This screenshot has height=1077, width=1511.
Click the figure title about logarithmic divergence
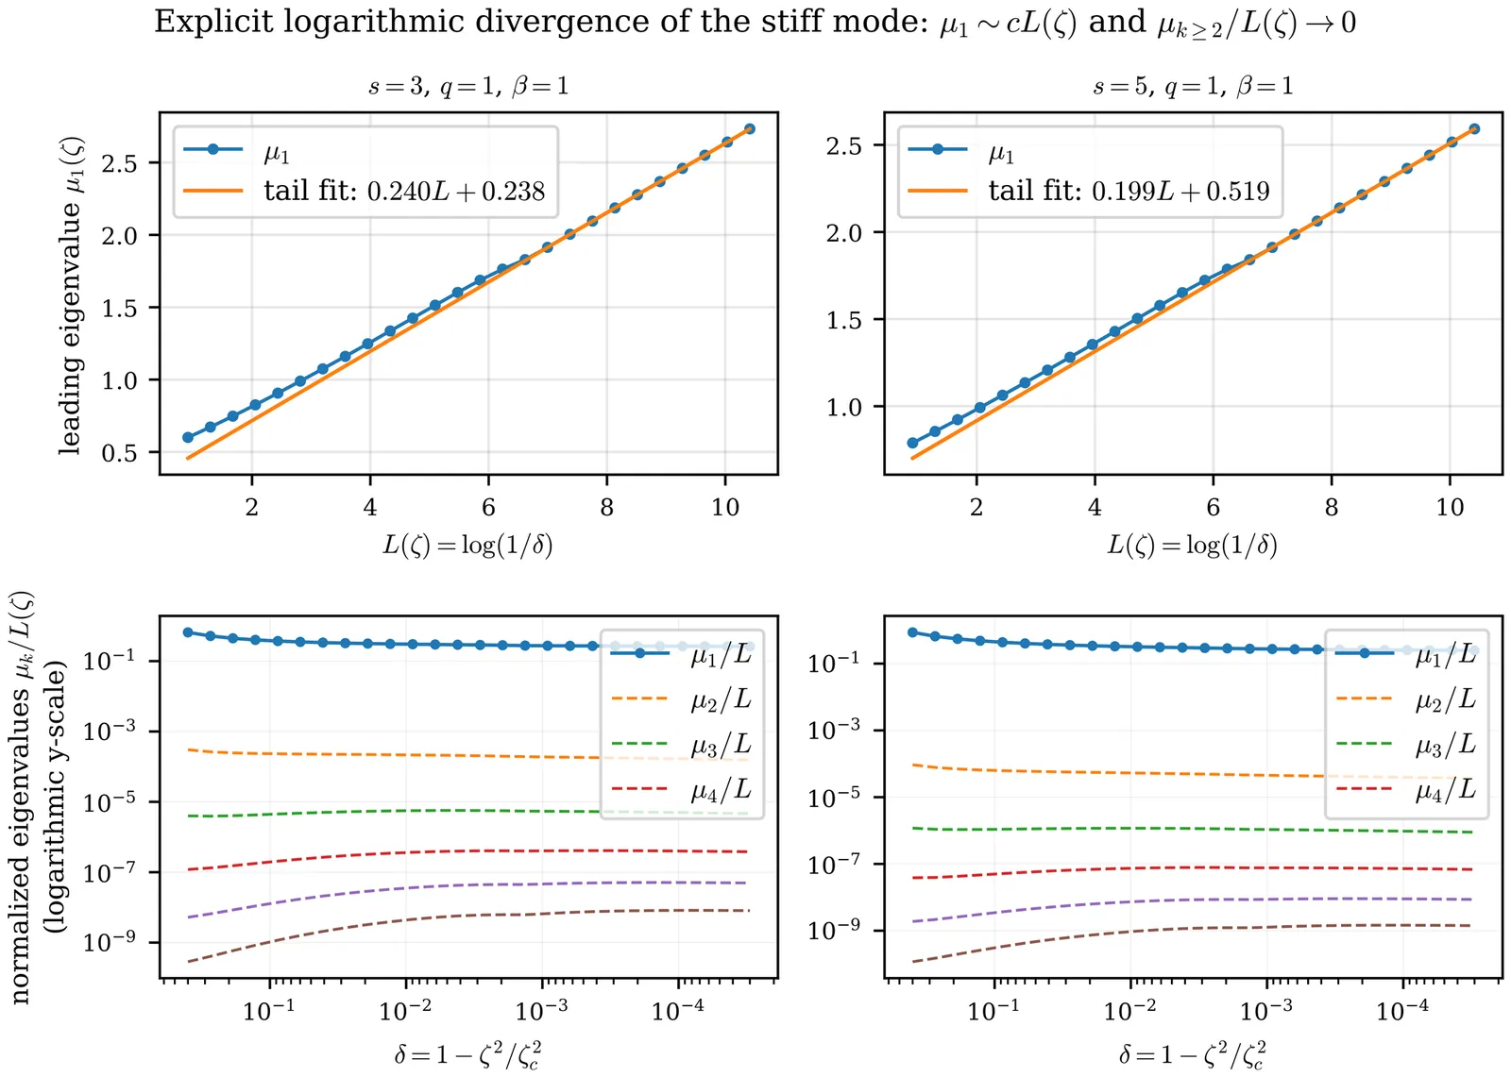755,23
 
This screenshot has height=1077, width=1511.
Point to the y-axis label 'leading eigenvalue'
71,294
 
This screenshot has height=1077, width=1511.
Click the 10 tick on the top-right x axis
1450,508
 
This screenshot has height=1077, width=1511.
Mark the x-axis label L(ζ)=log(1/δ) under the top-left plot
467,546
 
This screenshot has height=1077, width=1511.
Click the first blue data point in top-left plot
188,438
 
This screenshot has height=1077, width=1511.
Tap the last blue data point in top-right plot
1474,129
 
